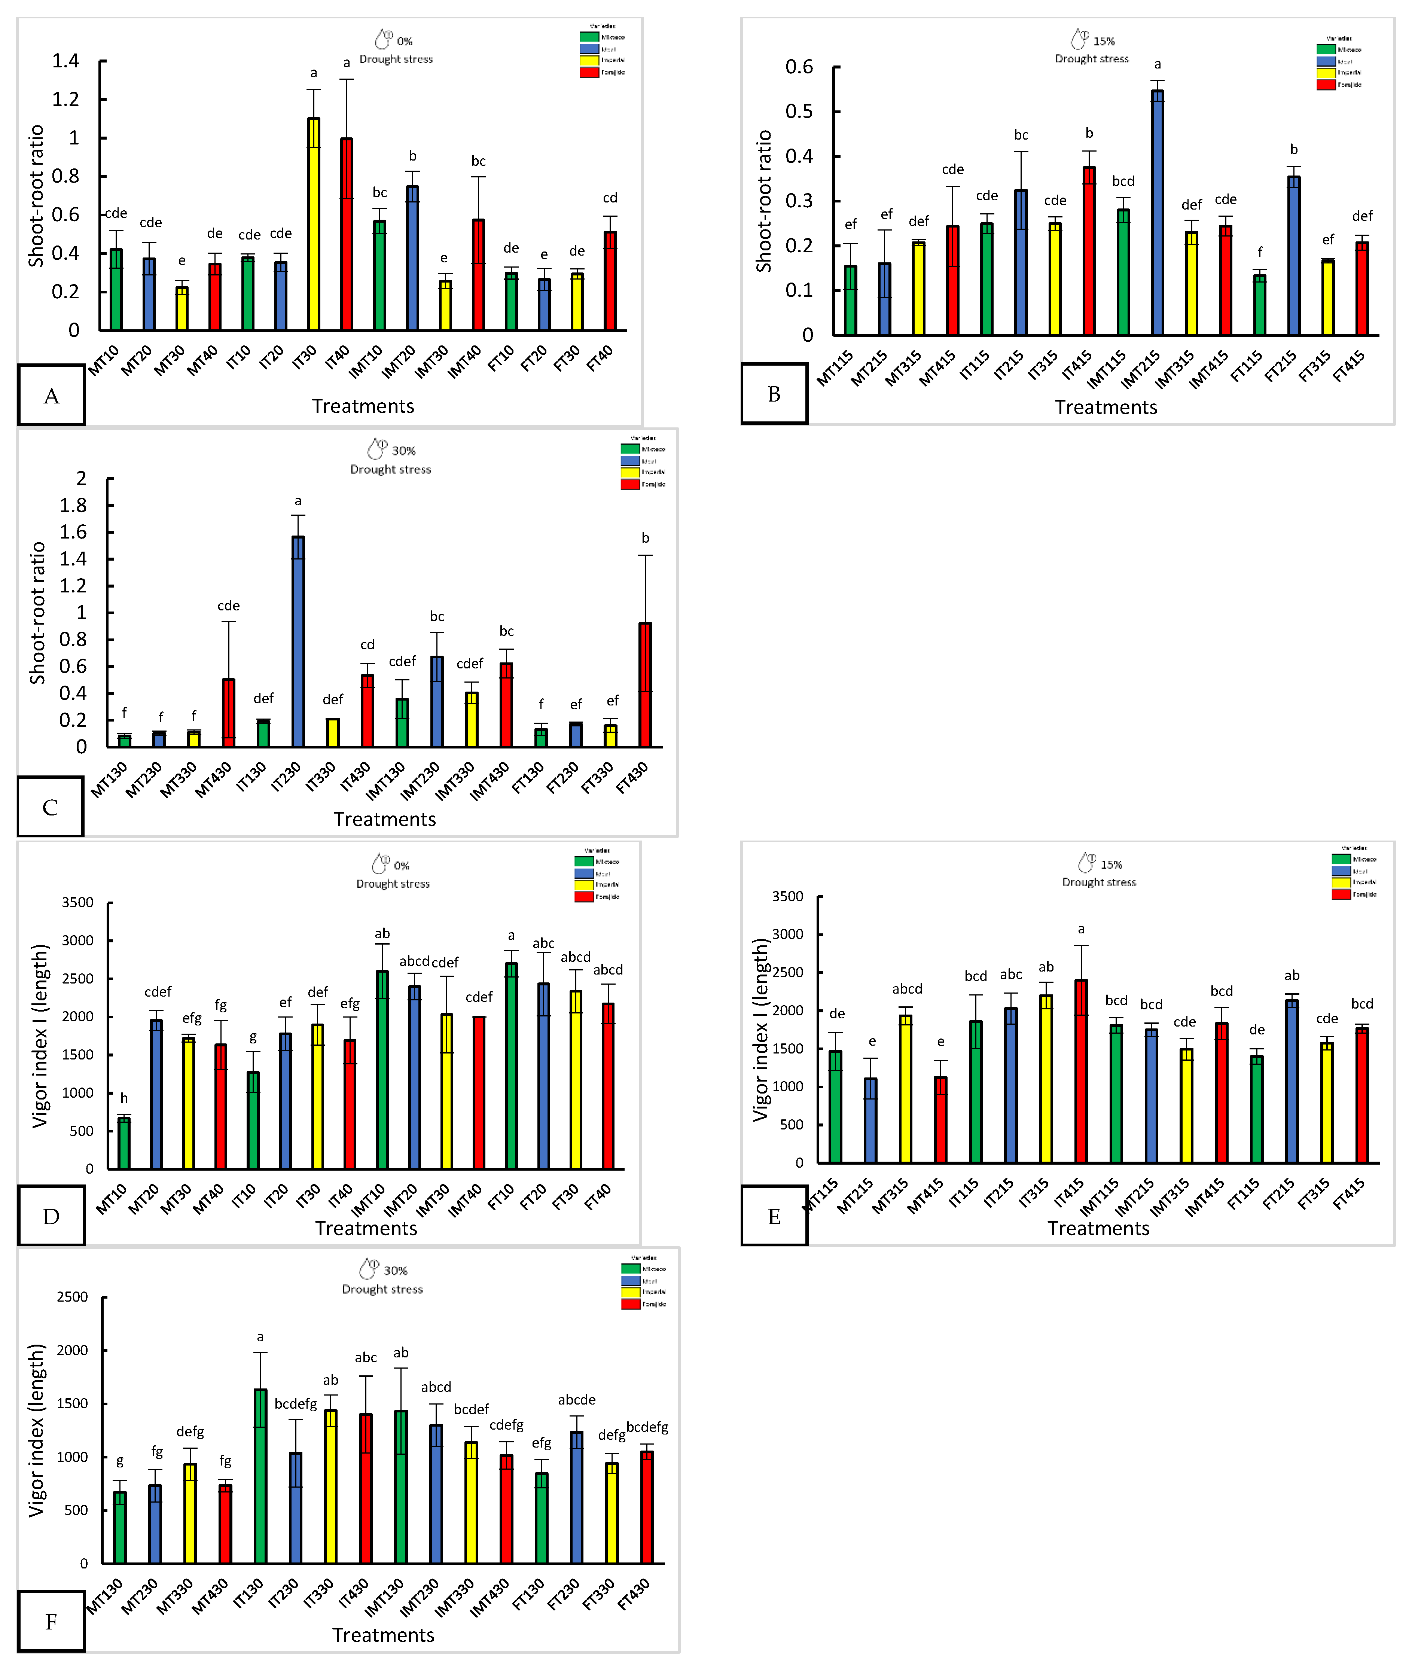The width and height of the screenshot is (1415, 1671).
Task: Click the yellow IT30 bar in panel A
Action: point(314,225)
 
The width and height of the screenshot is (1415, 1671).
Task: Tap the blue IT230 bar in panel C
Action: point(298,642)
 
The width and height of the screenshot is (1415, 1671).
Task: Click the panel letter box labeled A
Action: point(51,396)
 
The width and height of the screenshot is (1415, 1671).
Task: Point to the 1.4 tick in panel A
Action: point(66,61)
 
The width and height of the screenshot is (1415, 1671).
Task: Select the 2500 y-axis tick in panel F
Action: point(72,1297)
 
